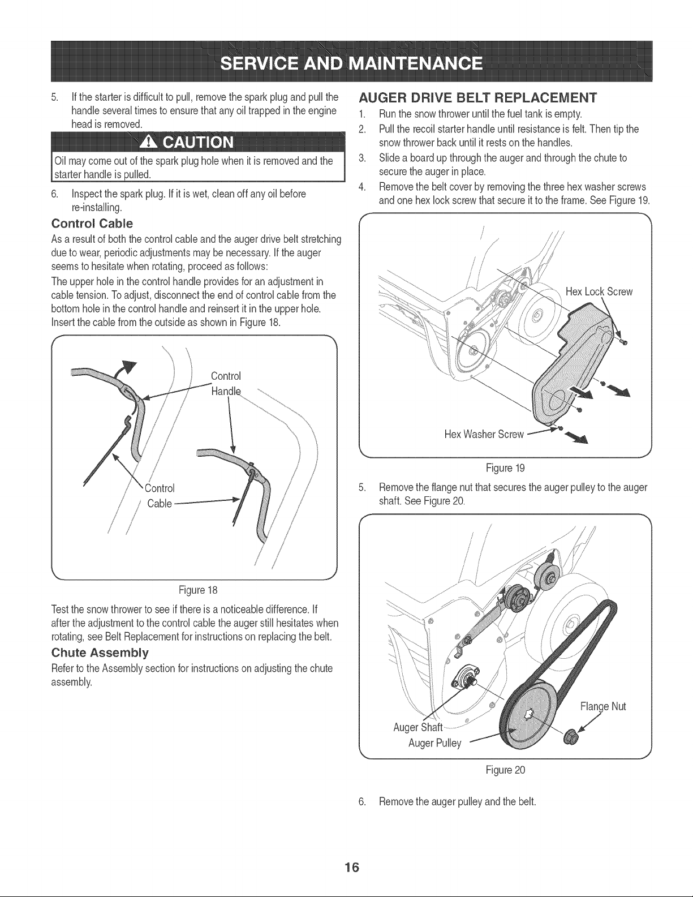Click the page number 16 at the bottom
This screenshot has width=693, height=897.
click(352, 867)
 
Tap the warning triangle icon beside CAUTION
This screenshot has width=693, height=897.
click(148, 142)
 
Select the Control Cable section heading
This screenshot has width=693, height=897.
click(92, 224)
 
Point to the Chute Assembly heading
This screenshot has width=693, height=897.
click(100, 653)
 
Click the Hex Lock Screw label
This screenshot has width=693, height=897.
click(599, 292)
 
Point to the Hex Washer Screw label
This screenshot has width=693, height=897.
click(484, 434)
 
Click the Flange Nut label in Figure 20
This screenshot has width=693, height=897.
click(603, 706)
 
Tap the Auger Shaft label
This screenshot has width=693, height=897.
click(418, 727)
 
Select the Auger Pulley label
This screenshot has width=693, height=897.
click(435, 743)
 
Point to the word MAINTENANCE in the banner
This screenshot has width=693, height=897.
click(415, 64)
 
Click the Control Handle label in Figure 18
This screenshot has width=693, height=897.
click(226, 384)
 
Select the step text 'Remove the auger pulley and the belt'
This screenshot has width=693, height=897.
click(458, 802)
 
